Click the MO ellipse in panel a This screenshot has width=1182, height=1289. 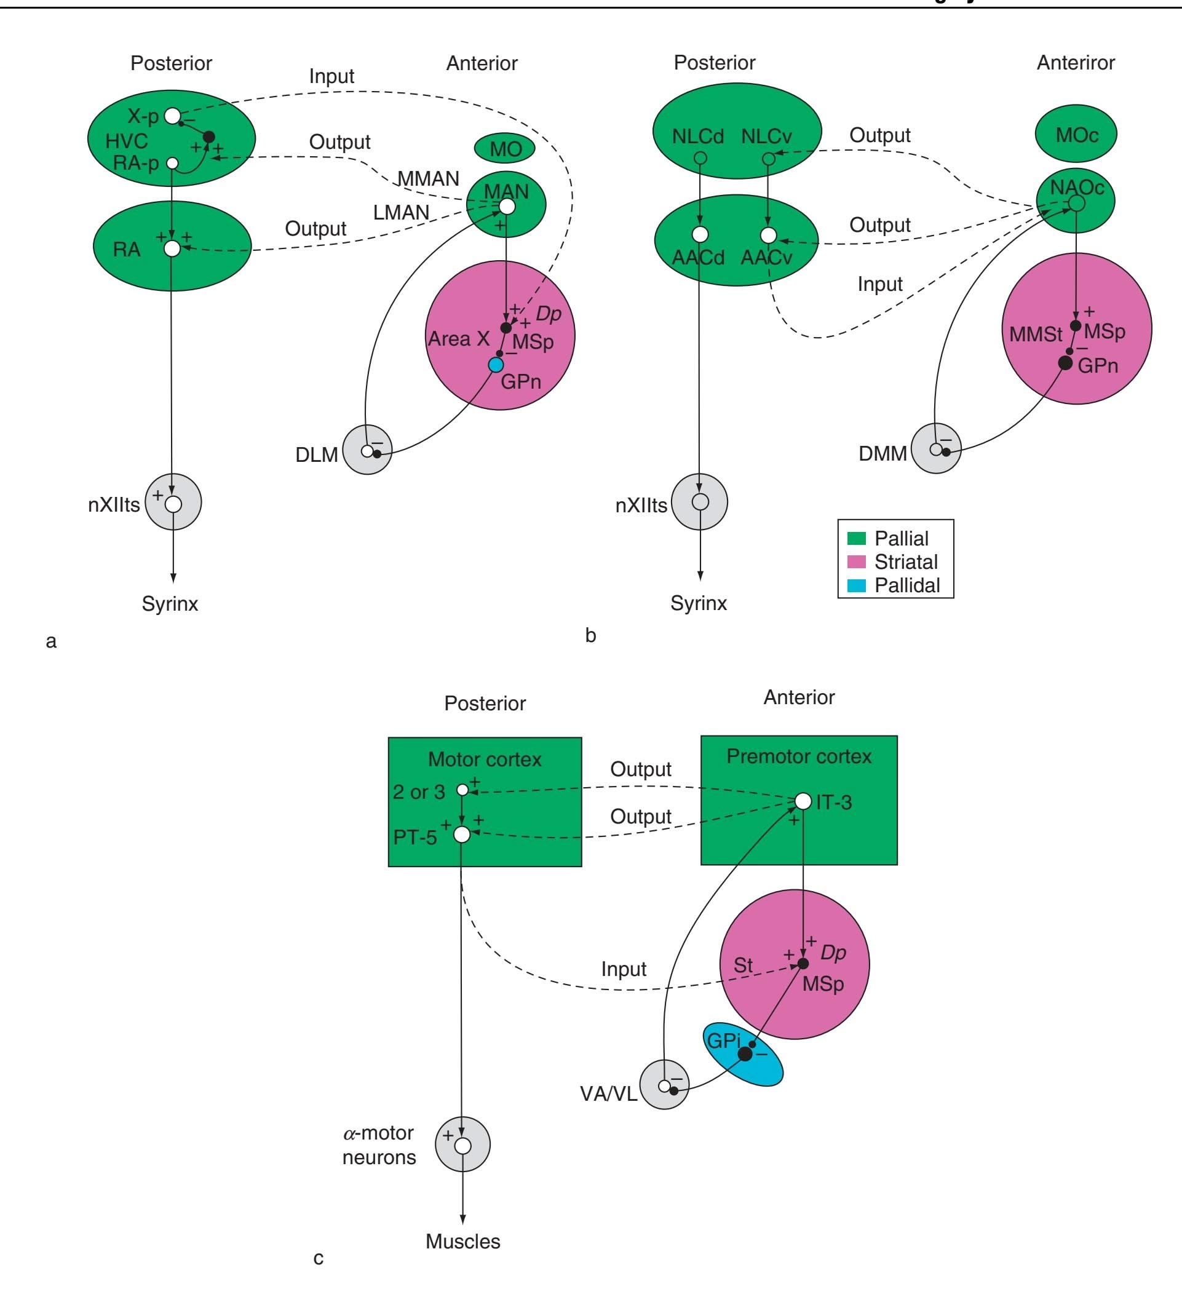coord(506,149)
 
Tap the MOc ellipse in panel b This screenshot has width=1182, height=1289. coord(1076,134)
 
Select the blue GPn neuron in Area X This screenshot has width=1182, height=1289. coord(496,365)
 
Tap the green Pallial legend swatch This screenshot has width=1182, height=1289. coord(857,538)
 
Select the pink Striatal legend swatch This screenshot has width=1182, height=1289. coord(857,561)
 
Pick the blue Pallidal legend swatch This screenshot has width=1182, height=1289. coord(857,585)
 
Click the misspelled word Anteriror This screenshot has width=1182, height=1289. coord(1075,63)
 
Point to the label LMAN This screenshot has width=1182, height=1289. coord(401,212)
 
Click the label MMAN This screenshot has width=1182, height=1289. coord(428,178)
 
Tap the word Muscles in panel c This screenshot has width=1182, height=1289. coord(462,1242)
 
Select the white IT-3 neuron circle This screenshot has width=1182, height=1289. coord(803,801)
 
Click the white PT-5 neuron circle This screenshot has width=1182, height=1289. coord(461,834)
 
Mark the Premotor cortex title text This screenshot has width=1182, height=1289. coord(798,756)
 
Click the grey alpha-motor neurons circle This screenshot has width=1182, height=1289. coord(462,1144)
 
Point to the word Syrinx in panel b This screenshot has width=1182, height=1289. coord(699,603)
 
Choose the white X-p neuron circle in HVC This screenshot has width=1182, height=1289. coord(173,116)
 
